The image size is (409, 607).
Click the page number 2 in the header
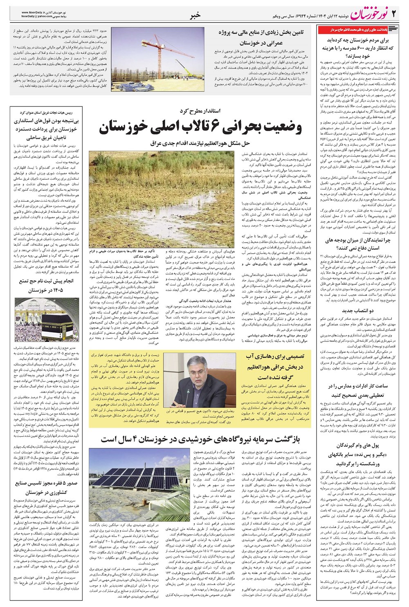point(394,15)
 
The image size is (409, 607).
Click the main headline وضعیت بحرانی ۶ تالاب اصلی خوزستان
point(200,128)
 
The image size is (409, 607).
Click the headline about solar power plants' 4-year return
point(200,439)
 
